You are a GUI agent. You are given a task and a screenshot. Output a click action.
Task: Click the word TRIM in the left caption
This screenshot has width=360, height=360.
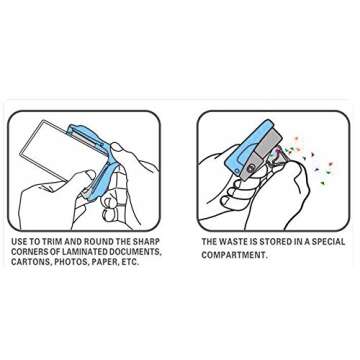tap(53, 241)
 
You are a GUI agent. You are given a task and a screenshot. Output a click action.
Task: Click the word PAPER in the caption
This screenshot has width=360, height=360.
tap(103, 262)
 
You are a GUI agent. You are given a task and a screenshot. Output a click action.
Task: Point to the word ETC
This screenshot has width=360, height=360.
tap(130, 262)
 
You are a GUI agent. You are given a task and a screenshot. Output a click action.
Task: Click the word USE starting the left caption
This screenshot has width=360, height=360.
tap(19, 241)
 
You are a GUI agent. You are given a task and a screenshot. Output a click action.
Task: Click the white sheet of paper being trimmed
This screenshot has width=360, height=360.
tap(53, 150)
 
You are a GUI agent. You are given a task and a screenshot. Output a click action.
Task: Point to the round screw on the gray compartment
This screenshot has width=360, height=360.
tap(249, 169)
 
